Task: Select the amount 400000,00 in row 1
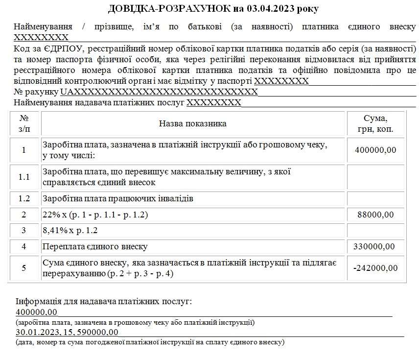(375, 150)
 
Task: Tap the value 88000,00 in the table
(375, 215)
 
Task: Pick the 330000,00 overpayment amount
(375, 246)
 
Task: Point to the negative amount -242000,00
(375, 268)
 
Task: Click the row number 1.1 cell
(24, 177)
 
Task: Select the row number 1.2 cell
(24, 199)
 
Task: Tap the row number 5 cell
(24, 268)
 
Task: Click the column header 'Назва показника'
(192, 123)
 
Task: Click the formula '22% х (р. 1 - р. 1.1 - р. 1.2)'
(95, 215)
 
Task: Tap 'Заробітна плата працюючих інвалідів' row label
(118, 199)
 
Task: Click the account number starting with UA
(159, 92)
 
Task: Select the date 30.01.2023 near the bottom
(35, 333)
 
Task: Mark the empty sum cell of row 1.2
(375, 199)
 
